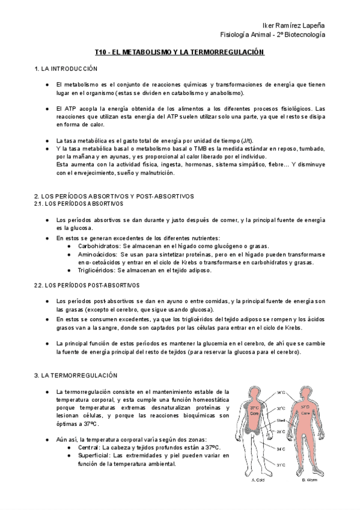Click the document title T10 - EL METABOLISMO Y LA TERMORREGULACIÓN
pyautogui.click(x=180, y=53)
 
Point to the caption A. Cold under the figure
pyautogui.click(x=258, y=481)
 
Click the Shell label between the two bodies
pyautogui.click(x=281, y=420)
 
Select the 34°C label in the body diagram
pyautogui.click(x=281, y=449)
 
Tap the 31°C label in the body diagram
pyautogui.click(x=281, y=464)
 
